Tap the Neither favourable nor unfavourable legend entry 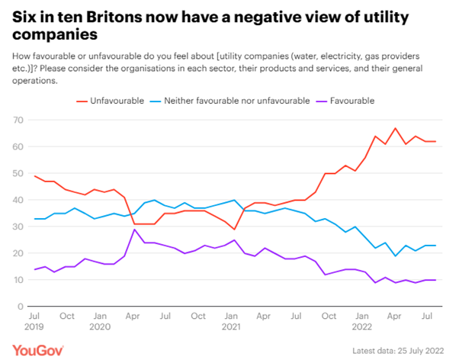tap(229, 101)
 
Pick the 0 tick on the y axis tap(17, 307)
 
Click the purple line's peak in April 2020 tap(135, 230)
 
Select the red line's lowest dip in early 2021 tap(235, 230)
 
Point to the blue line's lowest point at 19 tap(396, 256)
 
